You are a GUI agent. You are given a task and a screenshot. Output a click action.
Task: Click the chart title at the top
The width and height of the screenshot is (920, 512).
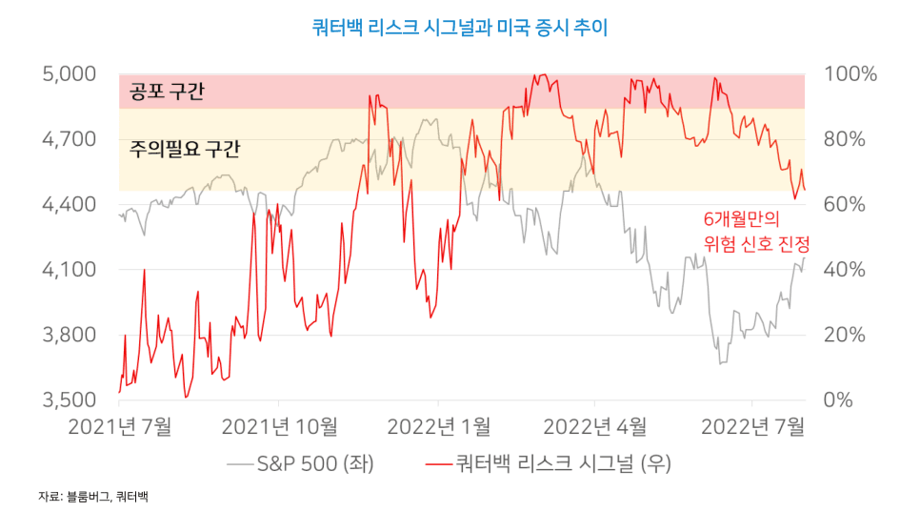[459, 28]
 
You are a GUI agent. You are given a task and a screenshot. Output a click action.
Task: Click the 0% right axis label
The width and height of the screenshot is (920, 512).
[838, 399]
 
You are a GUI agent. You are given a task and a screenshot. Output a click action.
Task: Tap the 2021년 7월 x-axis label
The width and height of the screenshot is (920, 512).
[119, 425]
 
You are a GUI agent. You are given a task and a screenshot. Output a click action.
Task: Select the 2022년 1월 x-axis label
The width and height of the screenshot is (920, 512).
[436, 425]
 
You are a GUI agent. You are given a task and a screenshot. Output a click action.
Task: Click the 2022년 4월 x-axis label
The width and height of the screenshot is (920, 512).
[594, 425]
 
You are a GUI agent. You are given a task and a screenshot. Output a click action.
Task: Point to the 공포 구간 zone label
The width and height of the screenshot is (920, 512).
[167, 92]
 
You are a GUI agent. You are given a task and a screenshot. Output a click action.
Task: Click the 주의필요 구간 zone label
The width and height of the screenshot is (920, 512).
[185, 149]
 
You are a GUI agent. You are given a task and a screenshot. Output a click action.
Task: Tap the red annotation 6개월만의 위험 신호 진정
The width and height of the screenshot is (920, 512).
[748, 231]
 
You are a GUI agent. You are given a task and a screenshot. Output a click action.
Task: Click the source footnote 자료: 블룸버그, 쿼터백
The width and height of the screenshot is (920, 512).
[93, 497]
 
